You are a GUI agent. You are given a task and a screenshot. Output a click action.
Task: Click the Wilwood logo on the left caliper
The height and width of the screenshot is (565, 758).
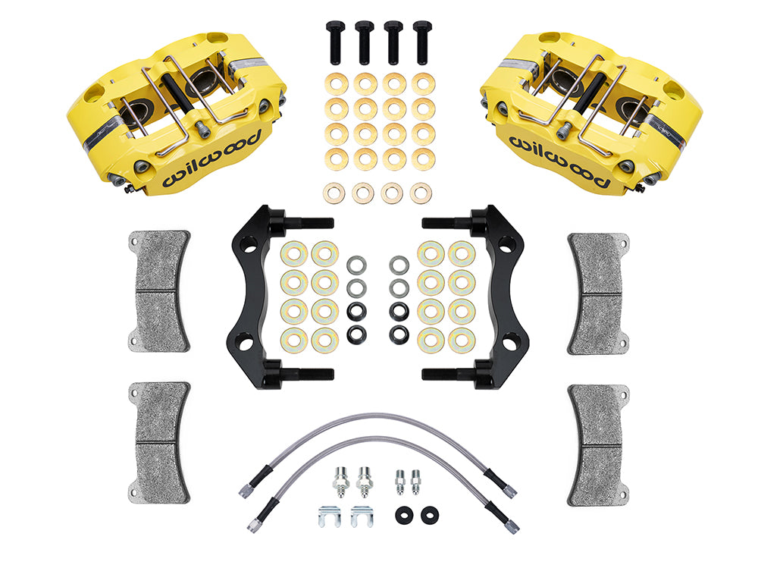(212, 159)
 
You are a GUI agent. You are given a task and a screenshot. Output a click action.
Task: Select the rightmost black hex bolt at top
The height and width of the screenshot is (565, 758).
(422, 42)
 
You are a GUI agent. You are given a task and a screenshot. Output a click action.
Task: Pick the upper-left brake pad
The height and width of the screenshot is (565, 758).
(159, 291)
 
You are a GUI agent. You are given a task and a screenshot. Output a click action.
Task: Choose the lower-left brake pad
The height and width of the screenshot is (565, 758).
(159, 442)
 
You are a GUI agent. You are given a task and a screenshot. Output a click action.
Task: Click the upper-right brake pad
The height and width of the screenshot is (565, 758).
(599, 293)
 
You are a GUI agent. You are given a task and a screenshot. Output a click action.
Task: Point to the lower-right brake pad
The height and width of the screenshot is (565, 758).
(599, 445)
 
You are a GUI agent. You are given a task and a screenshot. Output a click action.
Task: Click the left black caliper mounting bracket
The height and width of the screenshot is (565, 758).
(252, 296)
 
